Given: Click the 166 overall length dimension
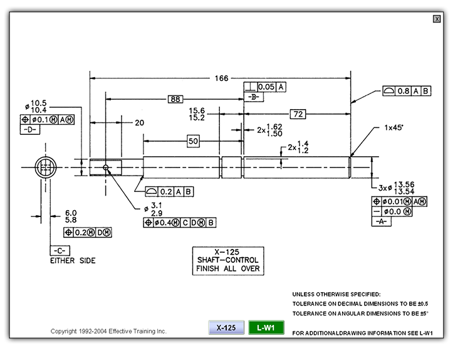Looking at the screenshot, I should coord(221,78).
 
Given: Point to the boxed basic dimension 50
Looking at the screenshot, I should coord(193,142).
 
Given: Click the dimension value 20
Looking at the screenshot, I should coord(139,123).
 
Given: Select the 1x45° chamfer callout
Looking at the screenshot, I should coord(394,127).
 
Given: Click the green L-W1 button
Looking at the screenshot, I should coord(266,327).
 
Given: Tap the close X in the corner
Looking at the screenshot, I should coord(437,19).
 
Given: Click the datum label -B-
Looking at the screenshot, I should coord(254,97).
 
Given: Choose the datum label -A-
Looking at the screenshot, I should coord(382,221).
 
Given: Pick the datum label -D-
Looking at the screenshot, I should coord(31,129).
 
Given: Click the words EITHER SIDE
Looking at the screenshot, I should coord(73,260).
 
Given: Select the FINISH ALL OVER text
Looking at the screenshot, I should coord(228,269).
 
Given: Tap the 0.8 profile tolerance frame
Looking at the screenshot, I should coord(407,91).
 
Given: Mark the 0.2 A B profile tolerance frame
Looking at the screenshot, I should coord(169,191).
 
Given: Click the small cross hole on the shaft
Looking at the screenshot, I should coord(106,167).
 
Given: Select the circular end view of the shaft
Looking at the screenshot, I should coord(44,167).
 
